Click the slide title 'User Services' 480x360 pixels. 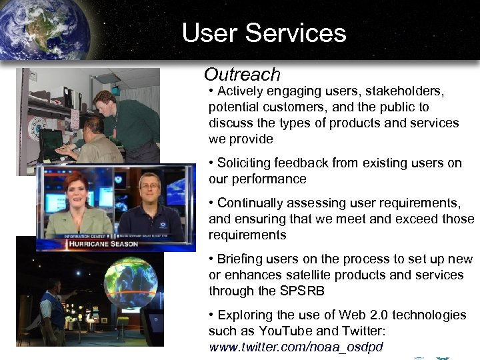pyautogui.click(x=264, y=33)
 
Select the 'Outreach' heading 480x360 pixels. pyautogui.click(x=242, y=74)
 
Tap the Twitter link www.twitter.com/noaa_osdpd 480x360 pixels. pyautogui.click(x=296, y=347)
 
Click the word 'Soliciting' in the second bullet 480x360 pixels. pyautogui.click(x=247, y=163)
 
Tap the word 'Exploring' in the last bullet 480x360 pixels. pyautogui.click(x=243, y=315)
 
